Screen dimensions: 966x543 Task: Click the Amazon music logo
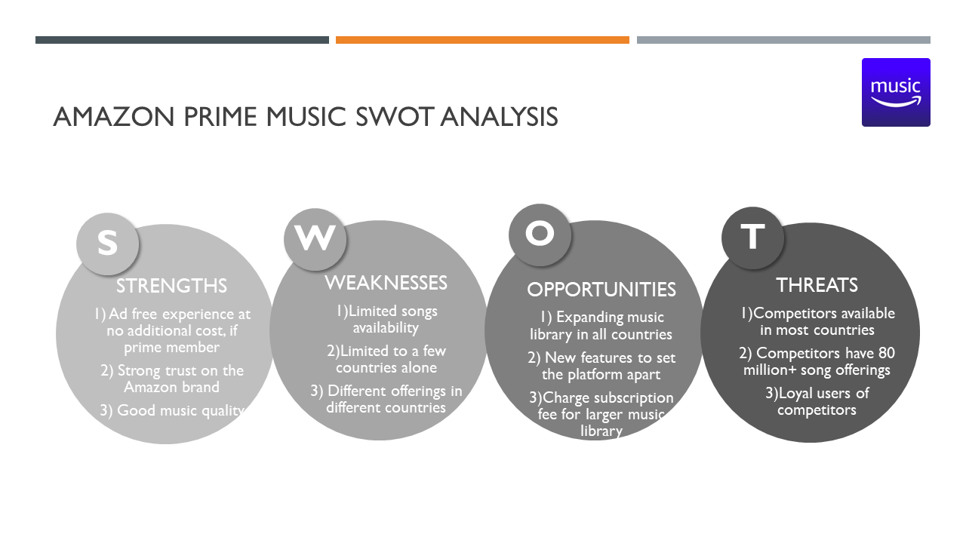[896, 92]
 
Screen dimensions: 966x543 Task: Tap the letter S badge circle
[107, 244]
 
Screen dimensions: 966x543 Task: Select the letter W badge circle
[315, 239]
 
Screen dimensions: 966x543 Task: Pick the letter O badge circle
[540, 235]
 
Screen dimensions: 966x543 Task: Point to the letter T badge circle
[752, 238]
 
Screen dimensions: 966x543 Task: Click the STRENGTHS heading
[171, 286]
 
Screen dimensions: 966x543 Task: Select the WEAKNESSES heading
[386, 283]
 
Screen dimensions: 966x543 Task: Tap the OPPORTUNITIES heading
[601, 290]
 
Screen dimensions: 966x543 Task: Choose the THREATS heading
[817, 285]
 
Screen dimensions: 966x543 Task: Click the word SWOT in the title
[394, 117]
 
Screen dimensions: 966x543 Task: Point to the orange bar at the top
[482, 40]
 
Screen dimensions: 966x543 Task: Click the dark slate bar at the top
[182, 40]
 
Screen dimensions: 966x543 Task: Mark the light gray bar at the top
[783, 40]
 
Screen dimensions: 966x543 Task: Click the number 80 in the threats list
[886, 353]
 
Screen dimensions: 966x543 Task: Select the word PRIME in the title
[220, 117]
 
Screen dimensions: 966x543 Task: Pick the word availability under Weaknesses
[386, 328]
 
